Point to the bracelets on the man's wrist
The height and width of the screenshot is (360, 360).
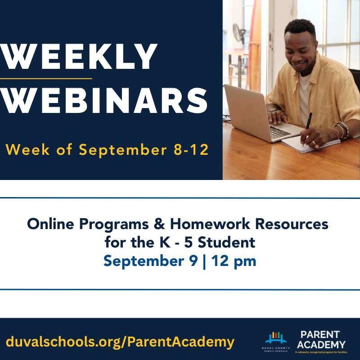[x=339, y=130]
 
